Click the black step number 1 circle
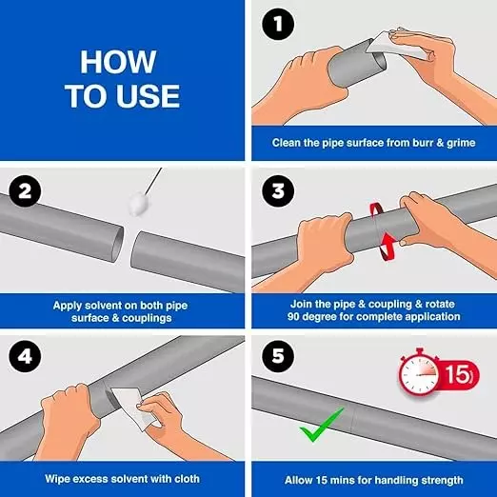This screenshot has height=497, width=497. pyautogui.click(x=278, y=24)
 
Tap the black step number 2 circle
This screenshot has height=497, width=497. pyautogui.click(x=25, y=191)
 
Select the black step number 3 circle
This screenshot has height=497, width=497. pyautogui.click(x=278, y=191)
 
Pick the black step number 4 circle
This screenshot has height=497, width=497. pyautogui.click(x=25, y=356)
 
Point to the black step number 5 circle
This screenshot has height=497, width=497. pyautogui.click(x=278, y=356)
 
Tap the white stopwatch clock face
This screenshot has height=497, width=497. pyautogui.click(x=419, y=375)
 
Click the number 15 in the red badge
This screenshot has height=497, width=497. pyautogui.click(x=456, y=374)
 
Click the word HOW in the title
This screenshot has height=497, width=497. pyautogui.click(x=118, y=62)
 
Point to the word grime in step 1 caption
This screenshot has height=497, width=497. pyautogui.click(x=461, y=143)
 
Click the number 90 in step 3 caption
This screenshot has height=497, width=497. pyautogui.click(x=294, y=316)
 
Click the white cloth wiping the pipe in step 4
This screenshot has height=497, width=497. pyautogui.click(x=133, y=407)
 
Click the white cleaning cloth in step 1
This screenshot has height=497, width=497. pyautogui.click(x=395, y=46)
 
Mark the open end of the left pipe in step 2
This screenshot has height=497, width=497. pyautogui.click(x=118, y=244)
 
